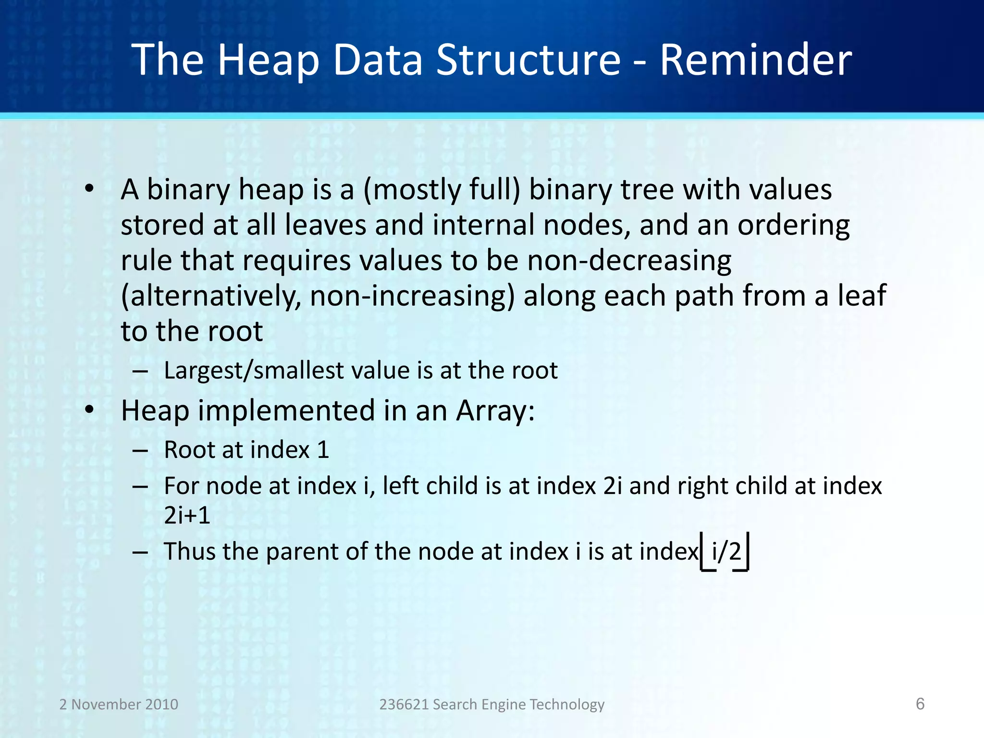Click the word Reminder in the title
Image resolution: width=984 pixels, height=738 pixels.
coord(755,60)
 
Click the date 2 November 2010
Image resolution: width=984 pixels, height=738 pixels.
coord(119,704)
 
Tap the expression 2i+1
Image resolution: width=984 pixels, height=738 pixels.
coord(187,516)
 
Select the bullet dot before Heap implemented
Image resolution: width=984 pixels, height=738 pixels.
coord(89,410)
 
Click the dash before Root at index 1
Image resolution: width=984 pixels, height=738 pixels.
coord(140,451)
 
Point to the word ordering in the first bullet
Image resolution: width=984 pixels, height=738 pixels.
coord(793,225)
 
